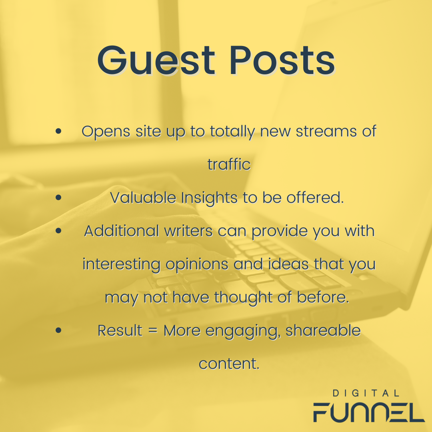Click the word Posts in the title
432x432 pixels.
(x=282, y=60)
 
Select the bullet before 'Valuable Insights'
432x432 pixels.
(x=58, y=197)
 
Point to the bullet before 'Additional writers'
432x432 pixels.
(x=58, y=231)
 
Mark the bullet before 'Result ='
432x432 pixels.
(x=58, y=330)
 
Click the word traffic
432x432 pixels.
(x=229, y=164)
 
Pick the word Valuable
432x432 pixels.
(x=143, y=197)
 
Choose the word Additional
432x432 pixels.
(x=122, y=231)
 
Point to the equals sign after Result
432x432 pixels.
(x=152, y=330)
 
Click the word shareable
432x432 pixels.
(x=323, y=330)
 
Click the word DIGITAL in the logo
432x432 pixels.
(x=366, y=393)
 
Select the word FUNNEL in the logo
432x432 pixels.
(x=369, y=412)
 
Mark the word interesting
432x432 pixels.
(x=122, y=264)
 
